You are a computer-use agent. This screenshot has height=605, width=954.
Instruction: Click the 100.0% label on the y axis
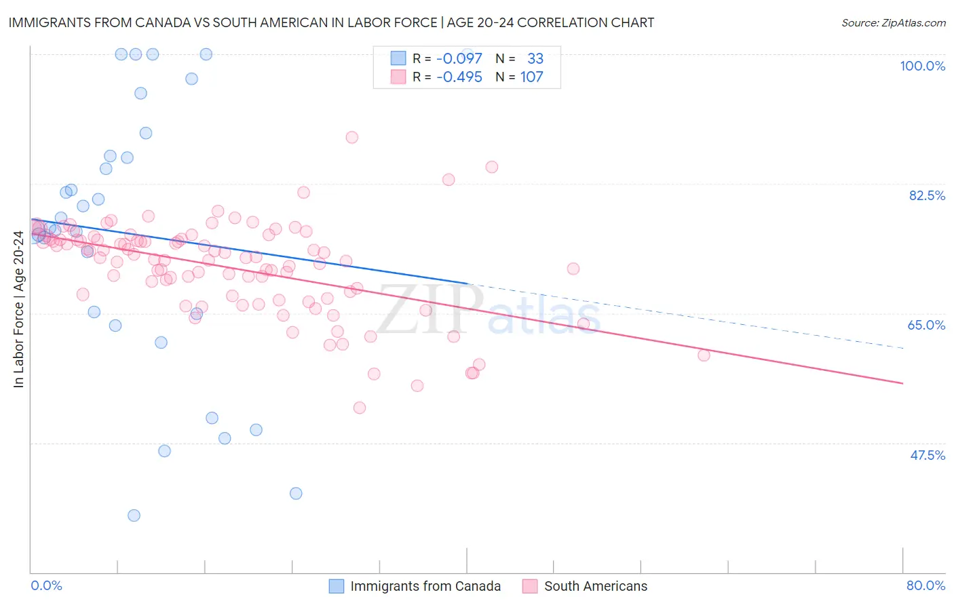922,66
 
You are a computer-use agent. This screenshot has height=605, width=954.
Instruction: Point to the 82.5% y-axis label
927,195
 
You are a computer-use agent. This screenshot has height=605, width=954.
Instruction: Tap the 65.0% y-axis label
926,325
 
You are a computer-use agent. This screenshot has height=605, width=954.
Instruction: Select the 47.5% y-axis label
928,455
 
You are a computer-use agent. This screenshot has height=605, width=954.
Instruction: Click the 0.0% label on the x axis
46,585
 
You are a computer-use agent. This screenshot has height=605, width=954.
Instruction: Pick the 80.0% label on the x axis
926,585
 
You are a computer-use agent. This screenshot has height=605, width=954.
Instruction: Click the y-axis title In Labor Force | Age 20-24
18,309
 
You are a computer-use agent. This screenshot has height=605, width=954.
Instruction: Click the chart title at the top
331,22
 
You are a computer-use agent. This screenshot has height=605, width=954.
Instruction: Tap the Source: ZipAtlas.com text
893,23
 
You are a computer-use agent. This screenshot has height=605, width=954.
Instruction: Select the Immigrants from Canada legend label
425,586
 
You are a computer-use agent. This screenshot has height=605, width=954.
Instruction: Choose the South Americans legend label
596,586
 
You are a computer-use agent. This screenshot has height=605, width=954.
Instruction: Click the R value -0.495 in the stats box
459,77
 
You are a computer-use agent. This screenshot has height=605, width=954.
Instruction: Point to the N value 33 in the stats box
535,58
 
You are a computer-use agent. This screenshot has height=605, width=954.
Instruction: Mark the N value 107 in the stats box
531,77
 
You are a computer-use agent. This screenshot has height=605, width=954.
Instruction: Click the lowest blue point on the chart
134,515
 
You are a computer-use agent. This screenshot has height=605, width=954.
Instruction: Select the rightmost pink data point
704,355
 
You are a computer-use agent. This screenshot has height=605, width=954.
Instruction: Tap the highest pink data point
351,137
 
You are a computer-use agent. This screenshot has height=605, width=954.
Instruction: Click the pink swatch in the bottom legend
530,586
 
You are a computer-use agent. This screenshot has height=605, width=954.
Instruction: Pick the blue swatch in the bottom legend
336,586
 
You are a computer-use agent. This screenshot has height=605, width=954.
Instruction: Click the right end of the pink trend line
903,384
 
